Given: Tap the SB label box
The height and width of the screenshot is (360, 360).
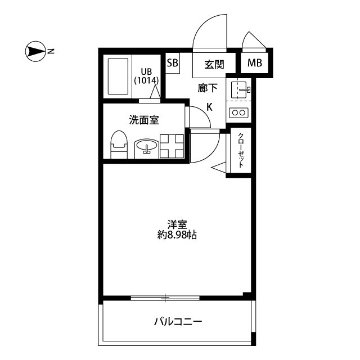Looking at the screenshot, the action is pos(173,63).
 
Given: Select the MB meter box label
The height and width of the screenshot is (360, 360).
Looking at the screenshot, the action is pos(255,62).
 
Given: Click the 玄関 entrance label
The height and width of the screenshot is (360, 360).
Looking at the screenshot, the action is pos(214,65).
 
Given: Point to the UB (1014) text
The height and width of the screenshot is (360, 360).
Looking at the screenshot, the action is pos(146,76).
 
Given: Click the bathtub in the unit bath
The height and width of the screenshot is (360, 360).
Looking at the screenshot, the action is pos(118,76).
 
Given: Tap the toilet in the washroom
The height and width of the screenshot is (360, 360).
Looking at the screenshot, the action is pos(119,145).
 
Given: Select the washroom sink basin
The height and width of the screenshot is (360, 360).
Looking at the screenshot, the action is pos(146,146).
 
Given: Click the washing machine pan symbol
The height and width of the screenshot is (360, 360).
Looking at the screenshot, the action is pos(172,146).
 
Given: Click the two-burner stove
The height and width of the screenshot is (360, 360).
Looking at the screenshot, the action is pos(238,112).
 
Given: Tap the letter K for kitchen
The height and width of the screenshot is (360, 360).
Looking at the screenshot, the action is pos(209,107).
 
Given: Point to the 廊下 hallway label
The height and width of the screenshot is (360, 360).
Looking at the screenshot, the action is pos(208,88).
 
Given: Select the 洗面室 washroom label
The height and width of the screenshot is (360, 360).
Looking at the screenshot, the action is pos(144,120).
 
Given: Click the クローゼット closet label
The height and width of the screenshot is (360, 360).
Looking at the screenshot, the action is pos(241,150).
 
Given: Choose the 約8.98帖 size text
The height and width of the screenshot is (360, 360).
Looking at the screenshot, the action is pos(177,235).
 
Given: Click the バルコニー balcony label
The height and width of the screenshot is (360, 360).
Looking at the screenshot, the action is pos(178,322).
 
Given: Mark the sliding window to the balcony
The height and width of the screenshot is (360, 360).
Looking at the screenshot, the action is pos(165,298).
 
